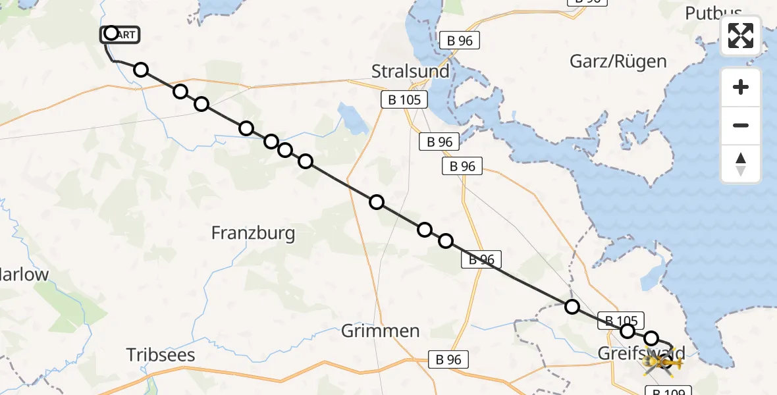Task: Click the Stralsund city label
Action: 410,71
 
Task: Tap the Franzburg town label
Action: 253,232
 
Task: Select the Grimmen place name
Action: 381,330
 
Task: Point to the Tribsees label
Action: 161,355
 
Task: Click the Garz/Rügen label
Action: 618,62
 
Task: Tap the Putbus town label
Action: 713,13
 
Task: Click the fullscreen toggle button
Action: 741,36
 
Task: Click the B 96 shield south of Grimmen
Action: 448,359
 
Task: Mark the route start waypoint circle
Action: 111,34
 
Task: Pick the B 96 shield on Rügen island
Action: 460,40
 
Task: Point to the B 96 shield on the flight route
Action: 481,259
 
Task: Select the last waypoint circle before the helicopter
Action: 651,338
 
